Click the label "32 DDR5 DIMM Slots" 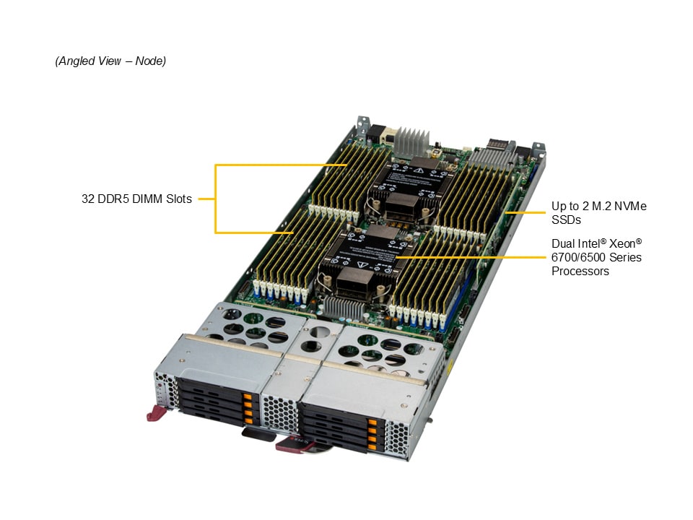(x=136, y=199)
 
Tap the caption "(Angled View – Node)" (x=110, y=61)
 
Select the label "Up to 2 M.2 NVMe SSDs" (x=599, y=212)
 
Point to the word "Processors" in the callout (x=580, y=271)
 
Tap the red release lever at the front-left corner (x=156, y=413)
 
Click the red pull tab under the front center (x=293, y=443)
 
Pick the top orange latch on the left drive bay (x=247, y=396)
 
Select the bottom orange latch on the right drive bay (x=372, y=447)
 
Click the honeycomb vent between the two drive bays (x=280, y=412)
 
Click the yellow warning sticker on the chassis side (x=450, y=365)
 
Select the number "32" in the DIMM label (x=87, y=199)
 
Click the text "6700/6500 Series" (x=596, y=257)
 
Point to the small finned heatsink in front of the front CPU (x=344, y=308)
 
